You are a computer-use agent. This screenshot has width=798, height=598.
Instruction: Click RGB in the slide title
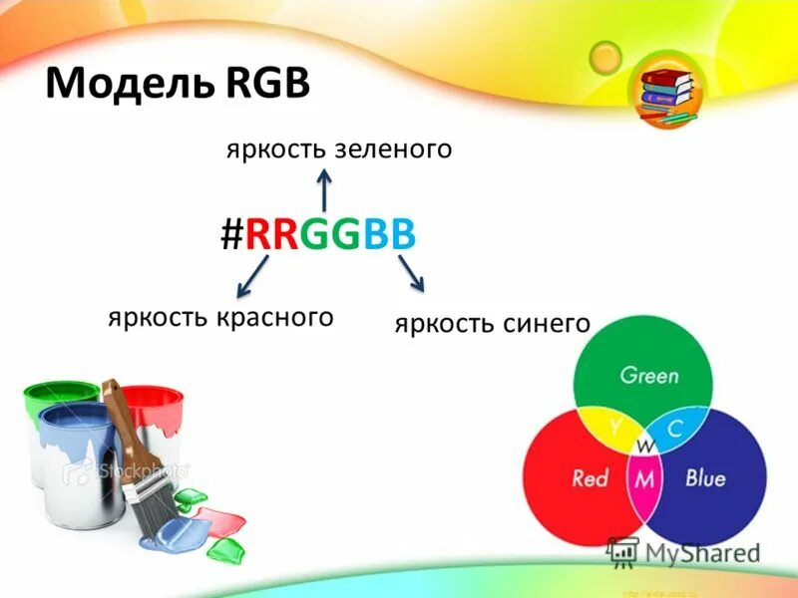coord(260,82)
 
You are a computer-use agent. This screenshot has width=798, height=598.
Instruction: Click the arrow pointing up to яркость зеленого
coord(324,189)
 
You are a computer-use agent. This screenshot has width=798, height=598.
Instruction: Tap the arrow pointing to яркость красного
coord(253,276)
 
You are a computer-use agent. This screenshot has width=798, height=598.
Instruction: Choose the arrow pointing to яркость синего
coord(410,273)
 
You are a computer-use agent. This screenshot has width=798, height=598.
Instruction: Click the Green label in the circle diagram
coord(648,377)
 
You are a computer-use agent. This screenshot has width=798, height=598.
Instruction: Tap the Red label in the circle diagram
coord(590,478)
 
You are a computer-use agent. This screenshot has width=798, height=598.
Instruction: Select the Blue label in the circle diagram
coord(704,478)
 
